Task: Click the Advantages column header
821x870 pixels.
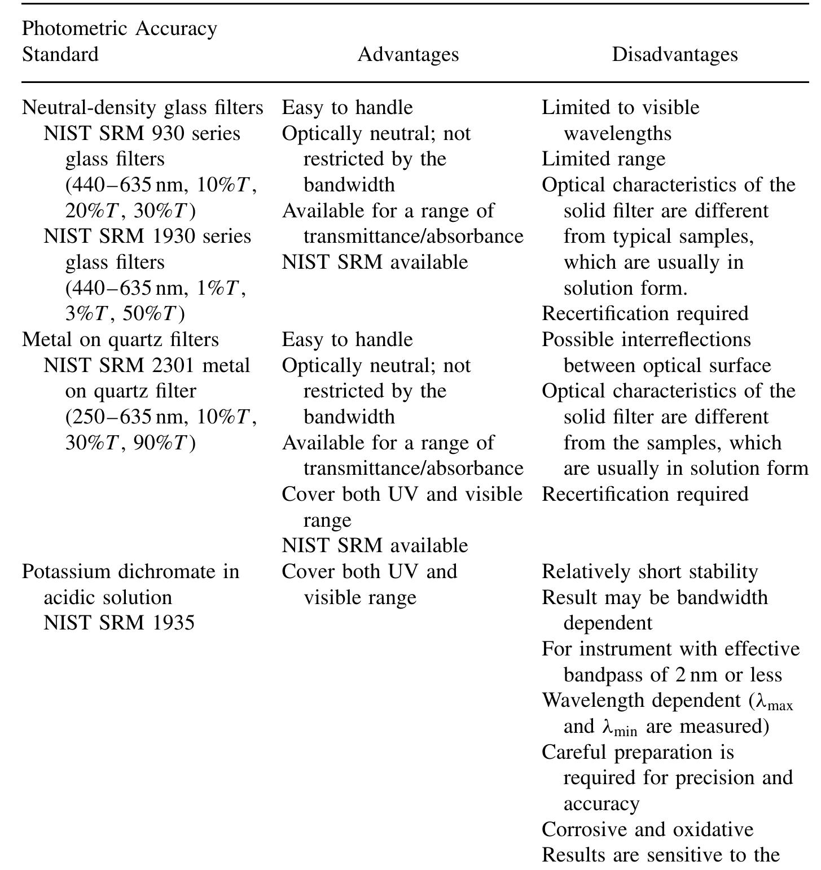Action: point(408,54)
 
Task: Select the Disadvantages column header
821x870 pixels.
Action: point(674,54)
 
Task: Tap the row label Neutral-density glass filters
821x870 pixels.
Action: point(143,107)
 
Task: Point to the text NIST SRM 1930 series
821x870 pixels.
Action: point(147,236)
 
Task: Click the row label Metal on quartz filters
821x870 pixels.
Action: point(120,339)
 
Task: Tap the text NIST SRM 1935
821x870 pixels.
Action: point(119,622)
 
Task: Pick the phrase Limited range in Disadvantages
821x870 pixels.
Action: point(603,159)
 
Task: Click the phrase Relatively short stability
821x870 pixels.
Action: point(649,571)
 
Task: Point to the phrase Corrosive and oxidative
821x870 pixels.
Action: point(647,829)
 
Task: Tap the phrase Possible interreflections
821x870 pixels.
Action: point(646,339)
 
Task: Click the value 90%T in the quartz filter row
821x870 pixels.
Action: point(164,443)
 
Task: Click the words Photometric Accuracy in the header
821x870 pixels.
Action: point(120,28)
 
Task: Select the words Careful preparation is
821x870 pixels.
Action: point(638,753)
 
